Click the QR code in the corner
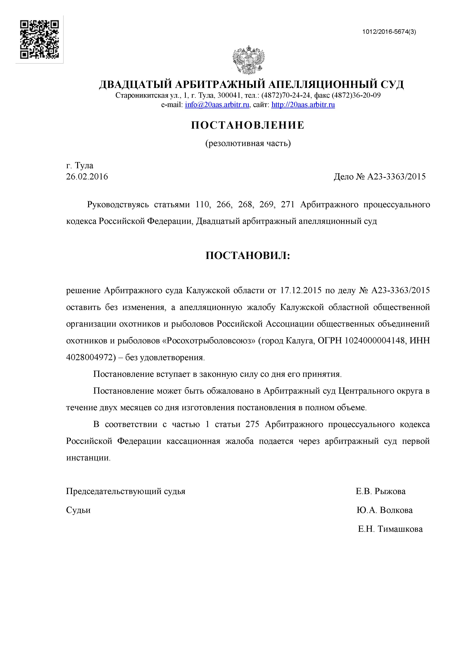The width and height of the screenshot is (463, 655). [x=39, y=39]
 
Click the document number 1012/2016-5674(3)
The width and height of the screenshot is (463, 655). [x=389, y=32]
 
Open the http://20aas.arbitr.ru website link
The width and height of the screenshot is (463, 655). [x=303, y=105]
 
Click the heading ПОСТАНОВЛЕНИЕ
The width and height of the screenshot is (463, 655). [x=248, y=125]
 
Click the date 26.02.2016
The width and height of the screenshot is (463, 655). [x=87, y=177]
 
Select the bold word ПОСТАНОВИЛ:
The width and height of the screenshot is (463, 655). [x=248, y=256]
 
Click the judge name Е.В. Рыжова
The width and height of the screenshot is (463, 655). [x=380, y=491]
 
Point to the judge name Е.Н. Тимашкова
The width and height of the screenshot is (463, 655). [x=390, y=529]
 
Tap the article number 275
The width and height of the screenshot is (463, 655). [x=252, y=424]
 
